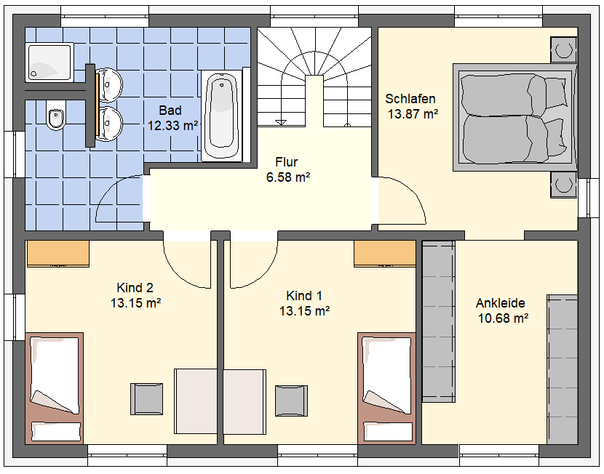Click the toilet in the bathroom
pos(55,116)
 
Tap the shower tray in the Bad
pos(49,63)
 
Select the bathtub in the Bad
pos(221,116)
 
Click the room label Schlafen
pos(410,99)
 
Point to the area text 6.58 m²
pos(288,177)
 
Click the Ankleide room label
pos(501,303)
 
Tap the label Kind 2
pos(135,288)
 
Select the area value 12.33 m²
pos(173,126)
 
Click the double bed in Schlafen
pos(514,117)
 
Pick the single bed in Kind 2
pos(55,388)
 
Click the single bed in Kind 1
pos(386,388)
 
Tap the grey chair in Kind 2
pos(146,399)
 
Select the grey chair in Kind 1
pos(291,401)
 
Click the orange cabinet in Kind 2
pos(57,254)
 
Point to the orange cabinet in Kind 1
pos(385,254)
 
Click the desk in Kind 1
pos(245,402)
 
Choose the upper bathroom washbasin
pos(109,84)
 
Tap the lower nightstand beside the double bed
pos(563,185)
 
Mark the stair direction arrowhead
pos(281,123)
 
